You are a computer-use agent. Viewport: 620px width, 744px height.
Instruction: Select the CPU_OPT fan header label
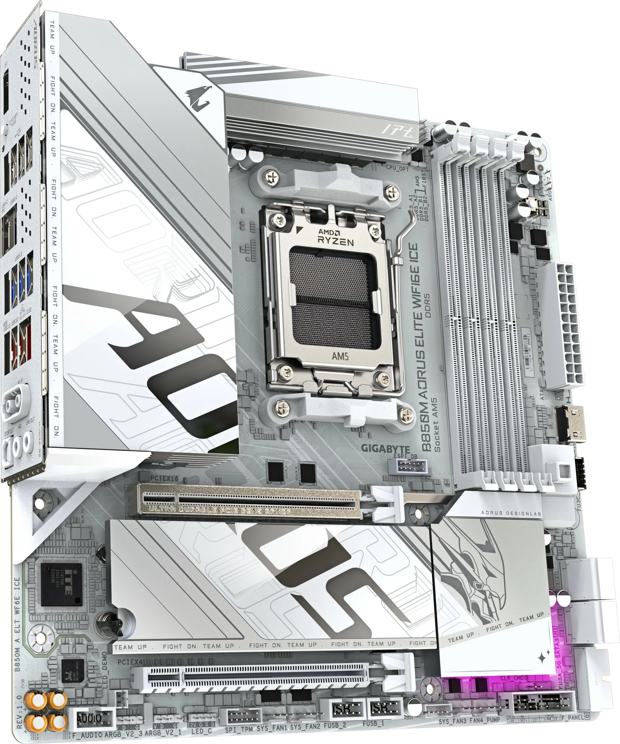(397, 168)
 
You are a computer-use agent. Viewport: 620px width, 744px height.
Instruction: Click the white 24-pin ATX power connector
(561, 326)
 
